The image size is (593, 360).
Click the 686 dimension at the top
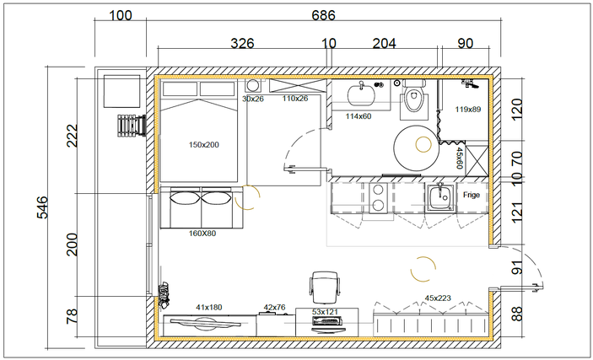(x=323, y=15)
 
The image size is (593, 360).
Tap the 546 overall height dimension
(x=42, y=207)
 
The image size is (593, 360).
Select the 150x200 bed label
(x=204, y=145)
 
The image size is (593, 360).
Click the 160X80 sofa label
(x=202, y=234)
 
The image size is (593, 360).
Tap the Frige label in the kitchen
(x=472, y=195)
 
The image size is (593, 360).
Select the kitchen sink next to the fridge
(x=440, y=196)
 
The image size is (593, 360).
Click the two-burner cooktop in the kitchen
(x=378, y=198)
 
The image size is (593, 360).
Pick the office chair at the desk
(x=325, y=287)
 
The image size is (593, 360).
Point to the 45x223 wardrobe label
(x=438, y=298)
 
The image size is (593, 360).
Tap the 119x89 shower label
(x=468, y=110)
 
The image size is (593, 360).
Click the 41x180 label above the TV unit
(x=208, y=308)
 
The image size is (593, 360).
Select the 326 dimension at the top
(x=242, y=44)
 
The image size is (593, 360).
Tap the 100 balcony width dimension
(x=121, y=16)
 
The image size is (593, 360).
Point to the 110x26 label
(x=295, y=99)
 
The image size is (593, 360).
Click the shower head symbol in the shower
(x=471, y=83)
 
